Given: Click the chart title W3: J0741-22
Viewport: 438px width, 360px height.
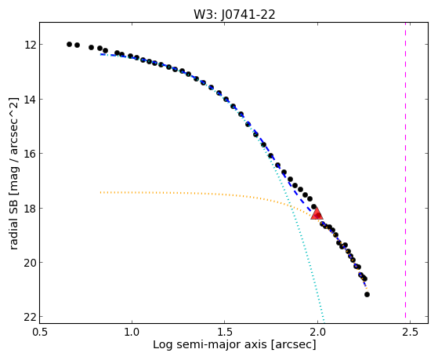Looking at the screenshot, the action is pos(234,15).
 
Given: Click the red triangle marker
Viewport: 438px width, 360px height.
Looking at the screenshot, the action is pos(317,214).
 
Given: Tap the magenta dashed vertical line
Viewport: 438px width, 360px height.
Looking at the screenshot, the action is pos(405,173).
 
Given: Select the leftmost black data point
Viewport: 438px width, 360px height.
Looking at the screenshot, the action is pos(69,44).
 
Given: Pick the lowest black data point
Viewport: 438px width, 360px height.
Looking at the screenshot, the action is pos(367,294).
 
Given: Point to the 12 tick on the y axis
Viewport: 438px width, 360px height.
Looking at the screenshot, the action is pos(30,45).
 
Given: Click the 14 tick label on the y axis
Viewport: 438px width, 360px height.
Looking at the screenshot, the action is pos(30,100).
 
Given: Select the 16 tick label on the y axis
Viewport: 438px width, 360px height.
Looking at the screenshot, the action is pos(30,154).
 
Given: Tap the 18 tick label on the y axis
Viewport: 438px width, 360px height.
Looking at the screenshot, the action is pos(30,208).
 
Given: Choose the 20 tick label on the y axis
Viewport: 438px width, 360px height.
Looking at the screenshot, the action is pos(30,263).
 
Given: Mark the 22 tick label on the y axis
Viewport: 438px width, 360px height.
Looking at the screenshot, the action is pos(30,317).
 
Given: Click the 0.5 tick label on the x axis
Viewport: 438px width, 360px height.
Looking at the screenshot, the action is pos(40,332).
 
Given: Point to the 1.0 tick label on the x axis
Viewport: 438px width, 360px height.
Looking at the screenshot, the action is pos(132,332).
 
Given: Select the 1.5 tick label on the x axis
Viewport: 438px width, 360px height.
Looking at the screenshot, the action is pos(225,332).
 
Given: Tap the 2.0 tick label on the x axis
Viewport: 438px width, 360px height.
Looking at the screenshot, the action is pos(317,332).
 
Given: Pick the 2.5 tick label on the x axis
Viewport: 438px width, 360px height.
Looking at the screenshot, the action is pos(410,332).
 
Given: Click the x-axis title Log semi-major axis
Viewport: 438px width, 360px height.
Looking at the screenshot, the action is pos(210,345).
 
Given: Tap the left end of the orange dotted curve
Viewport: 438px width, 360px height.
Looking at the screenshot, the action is pos(100,192).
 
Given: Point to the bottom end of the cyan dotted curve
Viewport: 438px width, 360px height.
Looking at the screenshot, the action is pos(324,322).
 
